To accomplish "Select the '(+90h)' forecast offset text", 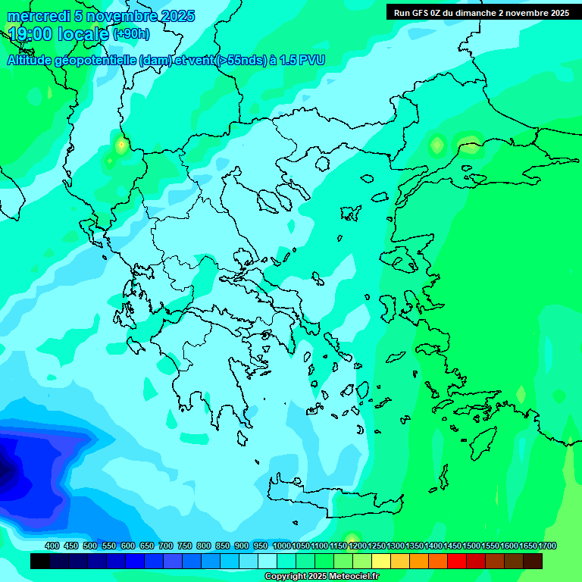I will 131,34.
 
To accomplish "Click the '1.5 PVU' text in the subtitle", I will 301,61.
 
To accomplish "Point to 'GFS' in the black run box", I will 430,13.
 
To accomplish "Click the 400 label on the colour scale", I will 52,546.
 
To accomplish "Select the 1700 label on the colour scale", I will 547,546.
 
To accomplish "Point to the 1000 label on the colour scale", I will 281,546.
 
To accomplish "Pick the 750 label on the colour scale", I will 184,546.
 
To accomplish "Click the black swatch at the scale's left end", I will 40,561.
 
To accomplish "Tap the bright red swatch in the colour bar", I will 456,561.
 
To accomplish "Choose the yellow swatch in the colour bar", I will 380,561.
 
